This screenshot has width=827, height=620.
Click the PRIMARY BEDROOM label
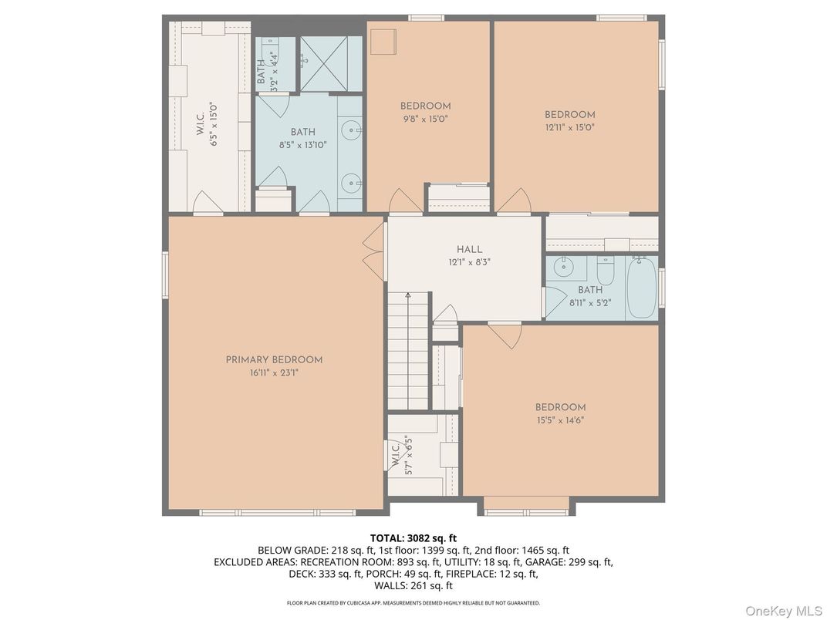point(274,359)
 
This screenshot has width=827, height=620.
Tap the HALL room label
point(469,249)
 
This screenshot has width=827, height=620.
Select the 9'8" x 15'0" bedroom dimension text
point(424,120)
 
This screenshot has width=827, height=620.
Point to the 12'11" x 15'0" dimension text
point(570,128)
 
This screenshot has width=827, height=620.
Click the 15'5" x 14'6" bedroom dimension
point(560,421)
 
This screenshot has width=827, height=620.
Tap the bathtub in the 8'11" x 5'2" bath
point(641,288)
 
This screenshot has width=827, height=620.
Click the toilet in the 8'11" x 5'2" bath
point(605,271)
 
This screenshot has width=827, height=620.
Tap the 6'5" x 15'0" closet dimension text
point(214,125)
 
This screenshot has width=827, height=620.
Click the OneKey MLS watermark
point(783,611)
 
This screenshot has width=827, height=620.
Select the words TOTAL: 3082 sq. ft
point(413,537)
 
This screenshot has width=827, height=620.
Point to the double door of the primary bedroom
point(375,249)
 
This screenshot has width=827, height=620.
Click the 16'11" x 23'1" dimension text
point(274,373)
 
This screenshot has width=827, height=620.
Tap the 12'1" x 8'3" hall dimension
point(469,262)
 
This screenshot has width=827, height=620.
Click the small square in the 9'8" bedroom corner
point(383,42)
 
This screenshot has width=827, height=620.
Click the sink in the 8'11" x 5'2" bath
point(563,267)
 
